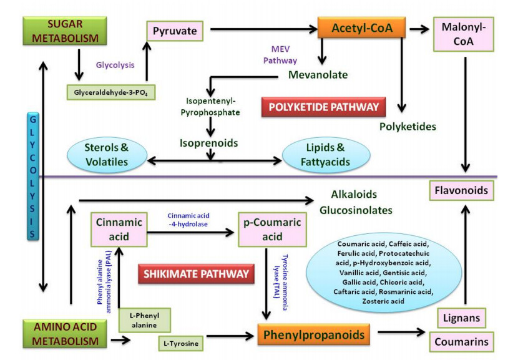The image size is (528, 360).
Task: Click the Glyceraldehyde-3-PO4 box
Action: [x=110, y=92]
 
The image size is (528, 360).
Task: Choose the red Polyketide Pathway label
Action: [x=324, y=107]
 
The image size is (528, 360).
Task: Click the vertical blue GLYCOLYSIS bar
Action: [x=33, y=176]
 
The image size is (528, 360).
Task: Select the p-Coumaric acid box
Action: [x=269, y=230]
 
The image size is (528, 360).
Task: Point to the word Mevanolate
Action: [x=318, y=75]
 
